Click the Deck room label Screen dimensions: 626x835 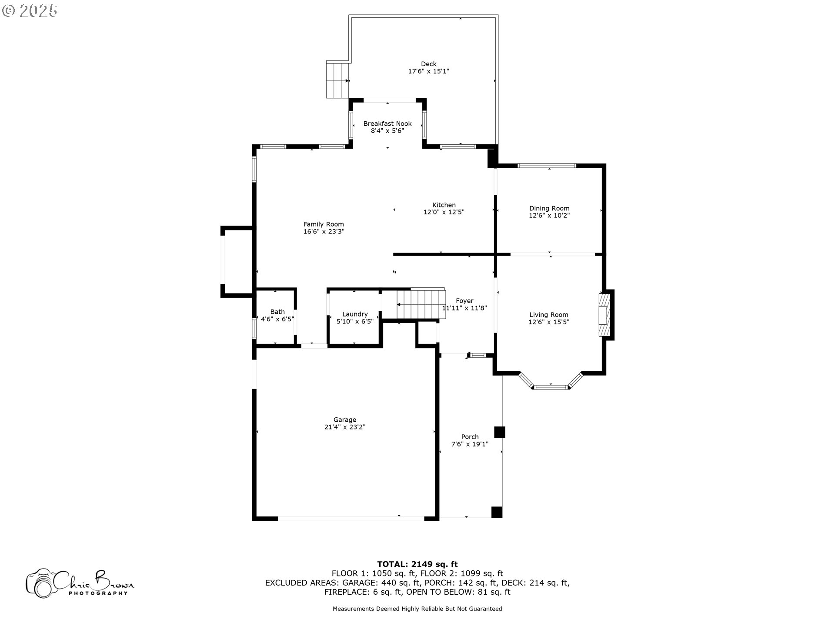[x=428, y=64]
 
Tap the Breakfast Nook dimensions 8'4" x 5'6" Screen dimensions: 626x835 [x=387, y=131]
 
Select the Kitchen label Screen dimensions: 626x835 [x=444, y=205]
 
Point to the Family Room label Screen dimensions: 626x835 [x=324, y=224]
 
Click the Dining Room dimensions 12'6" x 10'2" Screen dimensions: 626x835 [x=549, y=216]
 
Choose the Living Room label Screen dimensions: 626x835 [x=548, y=315]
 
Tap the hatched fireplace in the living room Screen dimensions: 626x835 [x=605, y=315]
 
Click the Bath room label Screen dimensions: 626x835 [x=277, y=312]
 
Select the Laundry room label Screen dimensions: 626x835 [x=355, y=314]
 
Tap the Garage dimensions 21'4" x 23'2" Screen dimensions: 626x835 [x=344, y=427]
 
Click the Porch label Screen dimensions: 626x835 [x=470, y=437]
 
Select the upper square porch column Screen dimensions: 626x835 [x=500, y=432]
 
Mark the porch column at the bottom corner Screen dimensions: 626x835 [x=497, y=512]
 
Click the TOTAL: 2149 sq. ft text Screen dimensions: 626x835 [x=417, y=564]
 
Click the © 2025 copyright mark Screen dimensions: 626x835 [x=30, y=11]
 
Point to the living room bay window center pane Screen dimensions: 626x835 [x=551, y=386]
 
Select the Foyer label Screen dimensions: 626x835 [x=464, y=301]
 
